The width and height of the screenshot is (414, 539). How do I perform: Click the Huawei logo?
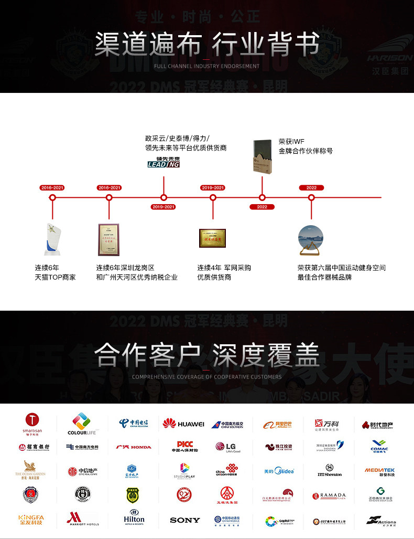(x=183, y=424)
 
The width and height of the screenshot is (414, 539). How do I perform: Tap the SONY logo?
(x=185, y=520)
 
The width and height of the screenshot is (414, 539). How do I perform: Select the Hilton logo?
(x=134, y=518)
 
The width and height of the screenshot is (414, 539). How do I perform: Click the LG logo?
(x=227, y=447)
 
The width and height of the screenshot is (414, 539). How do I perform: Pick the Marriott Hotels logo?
(x=83, y=519)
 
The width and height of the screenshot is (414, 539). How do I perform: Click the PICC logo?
(x=184, y=447)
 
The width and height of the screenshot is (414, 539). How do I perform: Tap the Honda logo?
(x=134, y=447)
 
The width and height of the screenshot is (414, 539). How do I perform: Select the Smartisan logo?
(x=32, y=424)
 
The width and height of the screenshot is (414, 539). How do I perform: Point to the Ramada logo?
(x=329, y=495)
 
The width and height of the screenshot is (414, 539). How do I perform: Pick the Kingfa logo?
(x=31, y=520)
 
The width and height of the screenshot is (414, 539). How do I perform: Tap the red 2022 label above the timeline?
(x=311, y=187)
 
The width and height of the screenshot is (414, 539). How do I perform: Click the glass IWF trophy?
(x=263, y=154)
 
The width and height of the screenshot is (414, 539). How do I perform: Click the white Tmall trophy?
(x=52, y=239)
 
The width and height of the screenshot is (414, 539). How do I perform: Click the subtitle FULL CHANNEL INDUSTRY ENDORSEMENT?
(x=207, y=66)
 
